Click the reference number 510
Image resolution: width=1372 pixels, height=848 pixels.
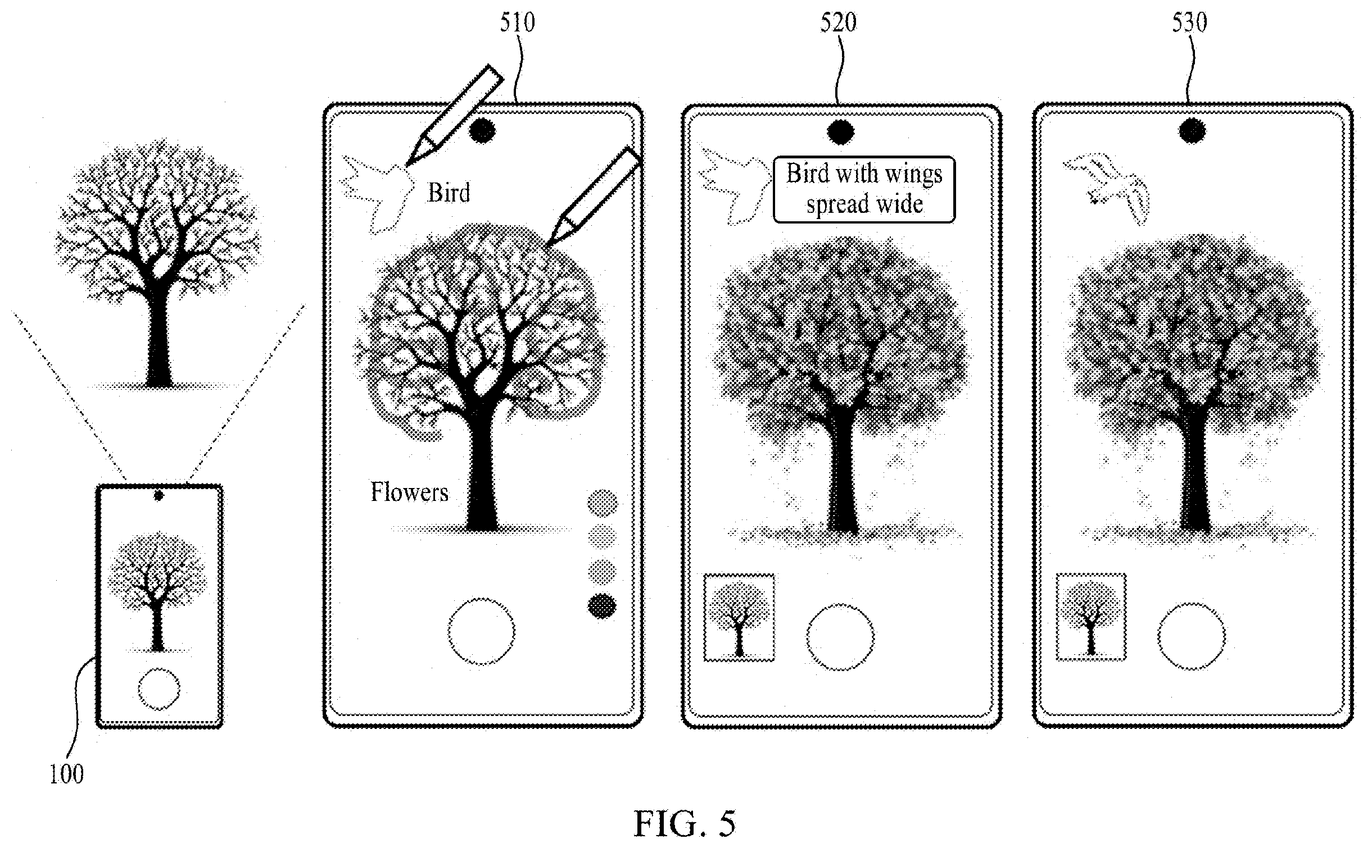pos(518,23)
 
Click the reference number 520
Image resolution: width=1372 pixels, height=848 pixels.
pos(838,23)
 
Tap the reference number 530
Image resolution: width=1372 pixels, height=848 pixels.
pos(1189,23)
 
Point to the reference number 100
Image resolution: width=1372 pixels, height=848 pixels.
pos(66,775)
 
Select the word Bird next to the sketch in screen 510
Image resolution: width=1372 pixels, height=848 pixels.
pos(449,193)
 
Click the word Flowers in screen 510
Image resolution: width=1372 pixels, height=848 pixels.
pos(409,492)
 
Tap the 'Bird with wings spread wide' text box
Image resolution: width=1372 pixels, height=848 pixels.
pos(864,189)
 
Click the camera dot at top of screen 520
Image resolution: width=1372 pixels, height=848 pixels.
pos(840,133)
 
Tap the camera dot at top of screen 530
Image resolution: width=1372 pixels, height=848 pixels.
pos(1192,132)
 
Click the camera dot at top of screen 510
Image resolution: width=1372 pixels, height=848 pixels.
pos(482,131)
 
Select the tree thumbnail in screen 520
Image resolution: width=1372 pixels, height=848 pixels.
pos(739,617)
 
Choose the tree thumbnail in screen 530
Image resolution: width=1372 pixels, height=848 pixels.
pos(1091,617)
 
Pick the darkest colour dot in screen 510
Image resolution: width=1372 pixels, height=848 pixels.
pos(602,605)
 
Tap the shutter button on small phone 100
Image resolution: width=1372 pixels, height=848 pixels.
pos(159,689)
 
